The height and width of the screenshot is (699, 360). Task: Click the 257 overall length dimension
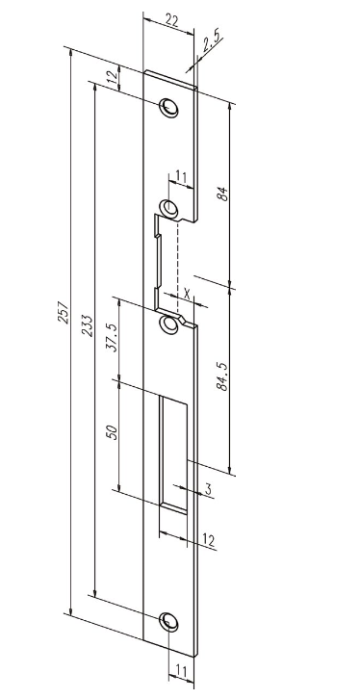click(x=65, y=312)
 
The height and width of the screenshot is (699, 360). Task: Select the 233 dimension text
click(x=88, y=325)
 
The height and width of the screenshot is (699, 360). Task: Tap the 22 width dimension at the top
click(x=173, y=21)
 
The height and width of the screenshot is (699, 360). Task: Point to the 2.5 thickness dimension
click(x=212, y=44)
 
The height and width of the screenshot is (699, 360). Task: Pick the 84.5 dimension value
click(x=222, y=375)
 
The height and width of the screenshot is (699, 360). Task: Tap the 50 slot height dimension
click(x=113, y=432)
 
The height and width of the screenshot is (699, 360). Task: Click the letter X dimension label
click(x=187, y=294)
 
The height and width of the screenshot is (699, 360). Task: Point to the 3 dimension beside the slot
click(x=208, y=489)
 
